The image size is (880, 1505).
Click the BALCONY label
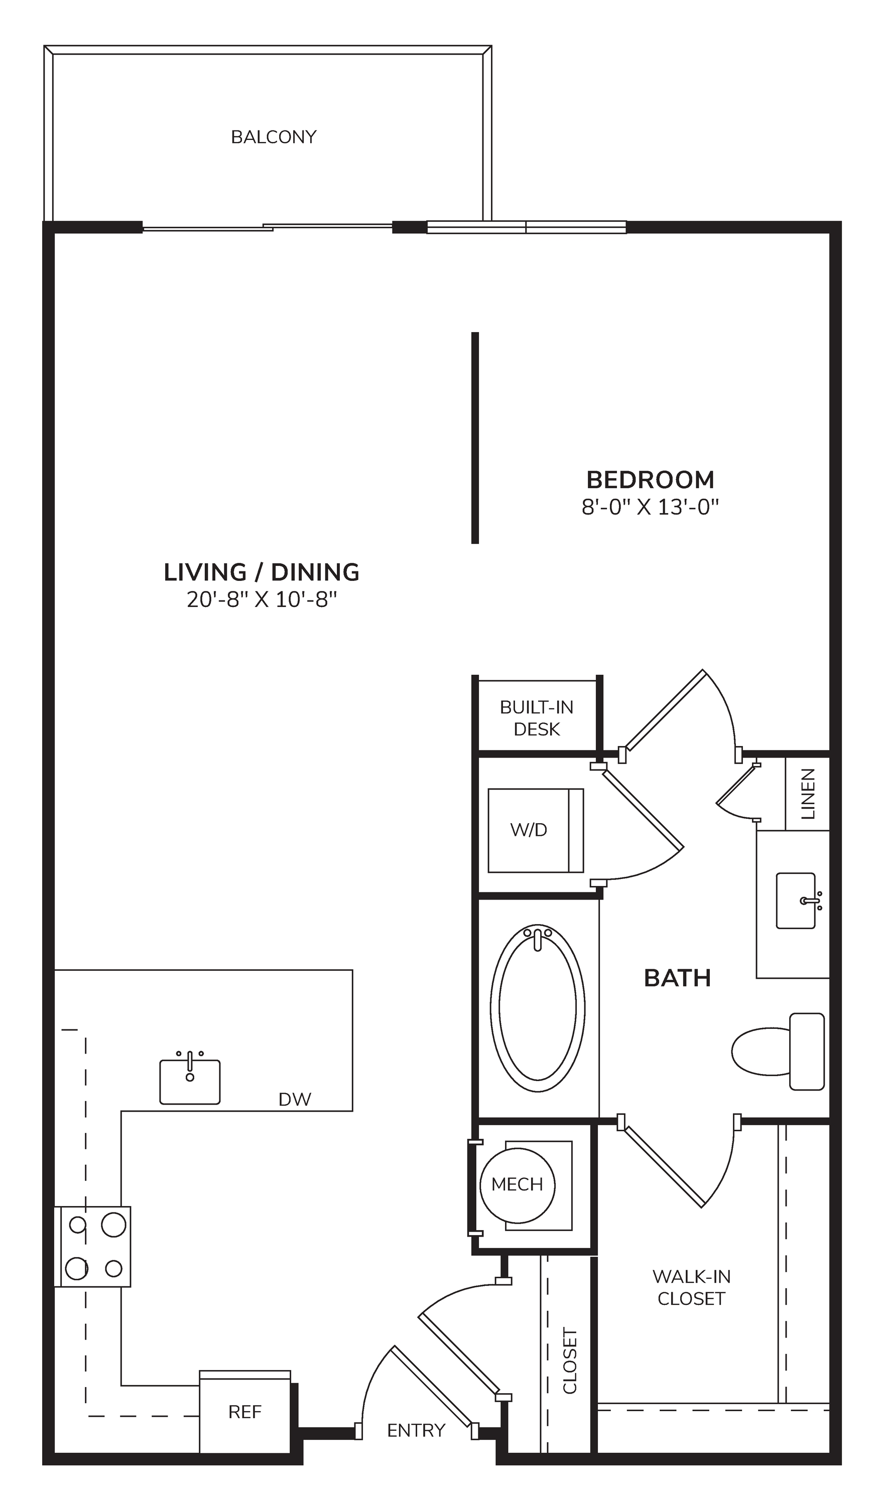tap(274, 137)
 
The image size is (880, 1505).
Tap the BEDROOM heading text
tap(650, 480)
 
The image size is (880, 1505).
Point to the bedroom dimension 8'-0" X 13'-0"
tap(650, 507)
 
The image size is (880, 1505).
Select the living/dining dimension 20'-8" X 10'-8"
tap(262, 599)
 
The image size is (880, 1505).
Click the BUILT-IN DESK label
tap(537, 718)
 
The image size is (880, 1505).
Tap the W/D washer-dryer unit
tap(535, 830)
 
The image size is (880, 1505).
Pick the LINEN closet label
tap(808, 794)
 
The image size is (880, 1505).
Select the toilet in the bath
tap(778, 1051)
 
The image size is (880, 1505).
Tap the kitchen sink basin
tap(190, 1082)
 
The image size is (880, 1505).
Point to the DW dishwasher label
tap(295, 1100)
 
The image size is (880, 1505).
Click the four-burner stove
tap(92, 1247)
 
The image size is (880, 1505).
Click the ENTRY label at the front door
tap(416, 1430)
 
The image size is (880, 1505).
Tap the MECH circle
tap(518, 1185)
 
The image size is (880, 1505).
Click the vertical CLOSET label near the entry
tap(570, 1361)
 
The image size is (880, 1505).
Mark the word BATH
tap(678, 978)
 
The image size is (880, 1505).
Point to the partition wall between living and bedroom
tap(475, 438)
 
